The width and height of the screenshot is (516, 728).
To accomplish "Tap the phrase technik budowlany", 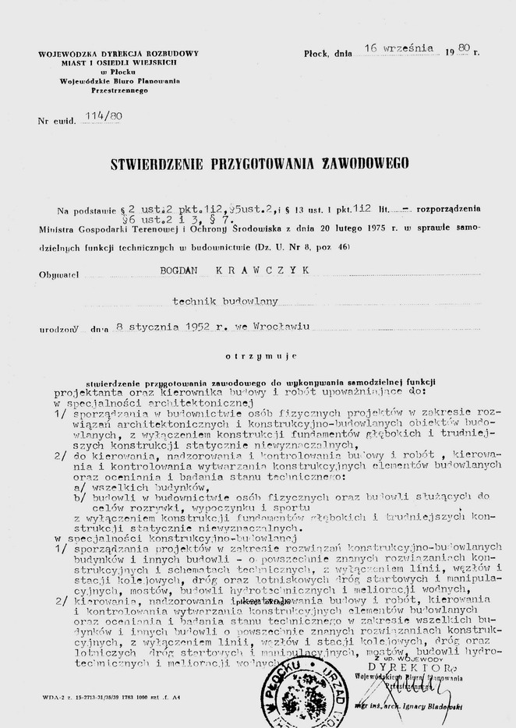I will click(224, 300).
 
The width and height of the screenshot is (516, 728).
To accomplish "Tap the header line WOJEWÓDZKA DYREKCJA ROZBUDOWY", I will click(118, 53).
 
